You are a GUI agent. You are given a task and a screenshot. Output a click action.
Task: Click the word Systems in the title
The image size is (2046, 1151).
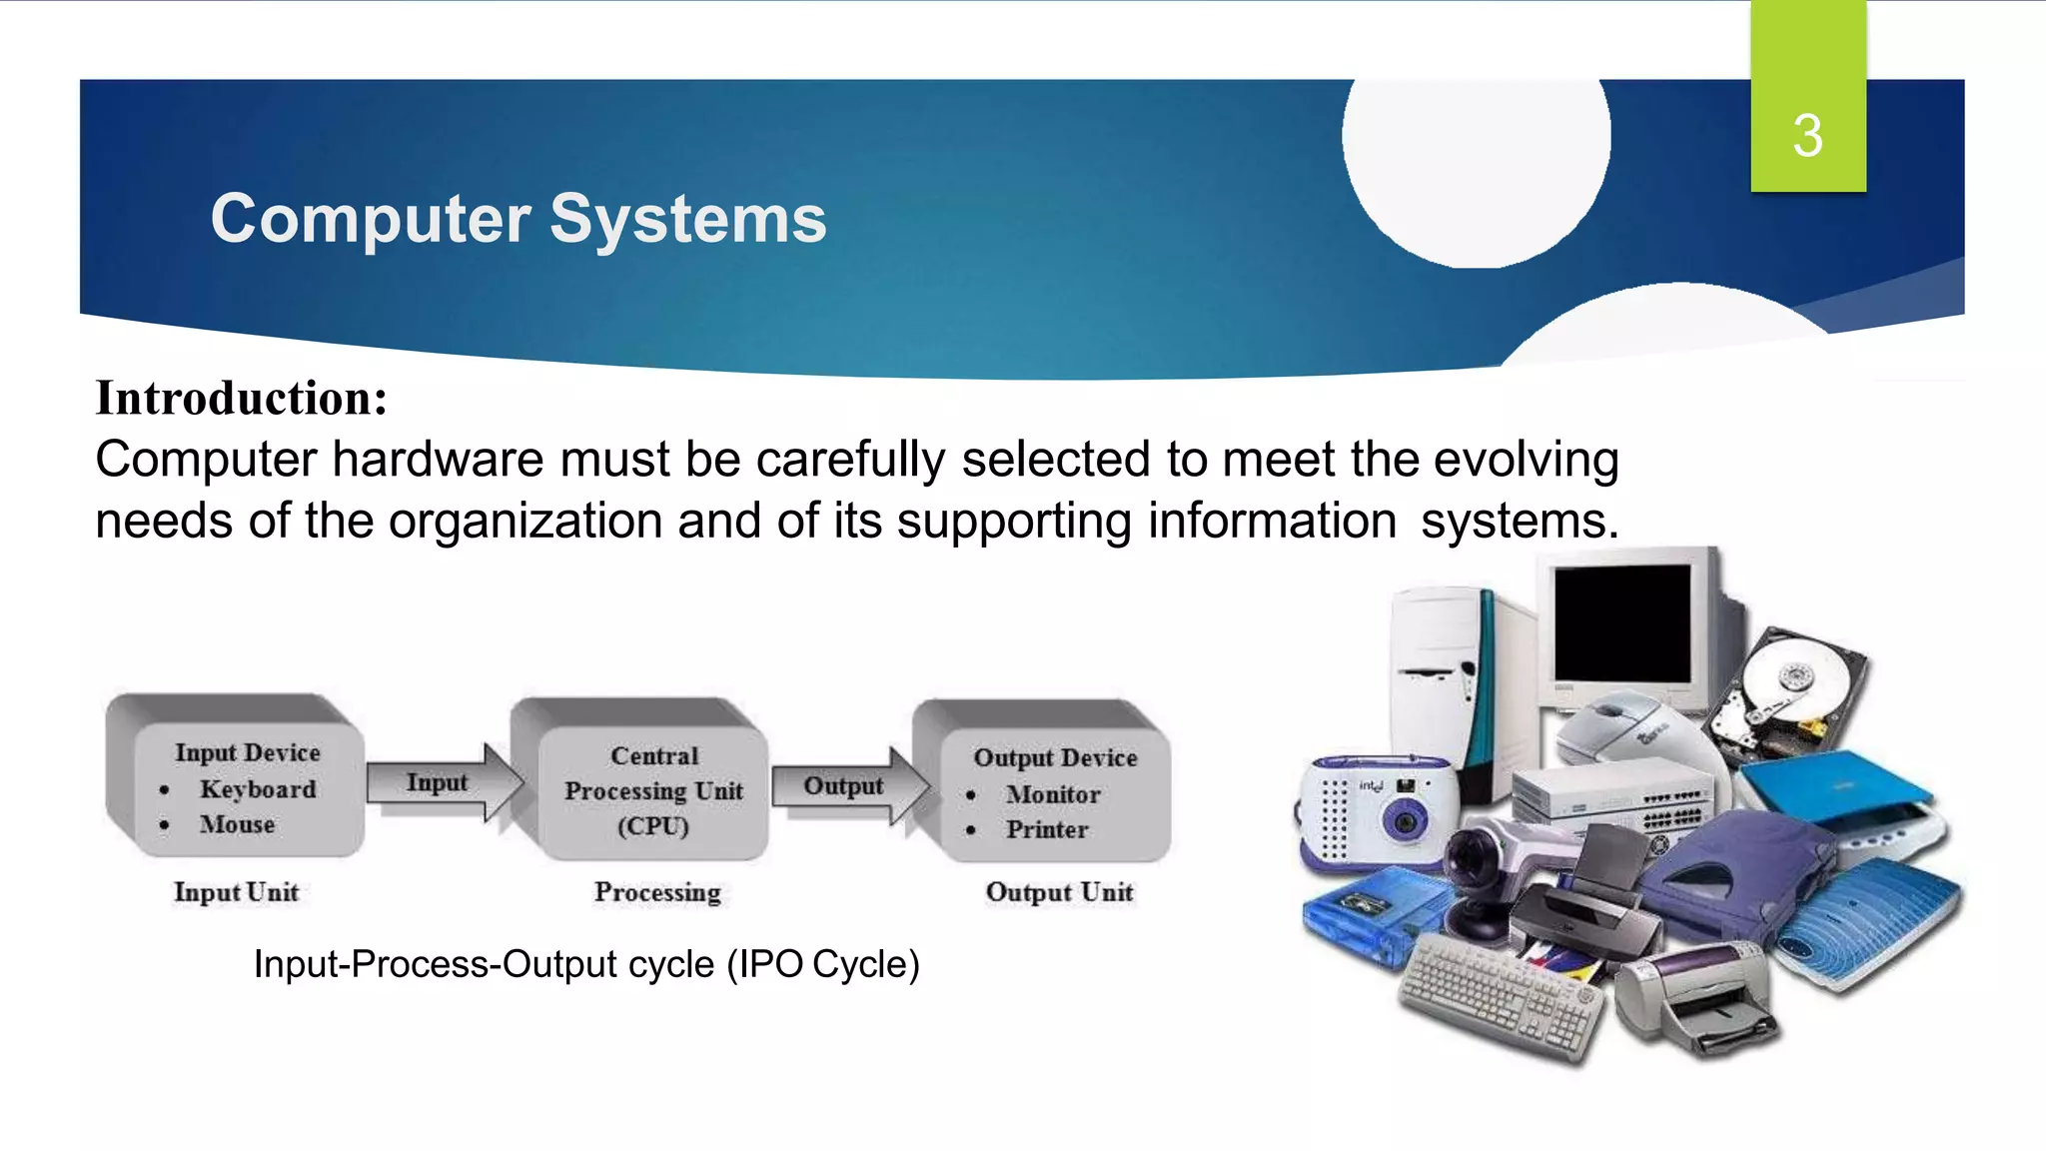click(688, 219)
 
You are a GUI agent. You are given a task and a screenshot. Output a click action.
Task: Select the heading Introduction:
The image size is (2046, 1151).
click(241, 398)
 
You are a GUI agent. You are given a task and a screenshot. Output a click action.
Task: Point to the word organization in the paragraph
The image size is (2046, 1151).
click(525, 522)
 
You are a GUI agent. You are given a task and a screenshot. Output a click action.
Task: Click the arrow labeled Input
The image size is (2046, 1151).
click(441, 783)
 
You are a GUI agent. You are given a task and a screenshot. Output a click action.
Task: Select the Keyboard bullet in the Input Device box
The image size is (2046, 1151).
click(258, 789)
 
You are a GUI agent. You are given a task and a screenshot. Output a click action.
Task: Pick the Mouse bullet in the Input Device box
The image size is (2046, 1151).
click(237, 824)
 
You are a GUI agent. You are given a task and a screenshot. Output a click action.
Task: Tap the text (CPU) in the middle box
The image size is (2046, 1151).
click(653, 826)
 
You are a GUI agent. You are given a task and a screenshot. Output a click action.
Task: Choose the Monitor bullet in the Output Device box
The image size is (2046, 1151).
click(1053, 794)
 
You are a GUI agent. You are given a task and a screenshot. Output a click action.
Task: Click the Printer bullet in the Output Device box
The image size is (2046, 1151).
click(1047, 829)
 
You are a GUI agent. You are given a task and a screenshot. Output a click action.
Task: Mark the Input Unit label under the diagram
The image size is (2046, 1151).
click(236, 891)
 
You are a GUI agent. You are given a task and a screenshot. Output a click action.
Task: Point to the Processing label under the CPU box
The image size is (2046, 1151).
click(657, 891)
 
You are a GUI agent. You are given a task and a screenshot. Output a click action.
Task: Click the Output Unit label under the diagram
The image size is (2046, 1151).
click(1059, 891)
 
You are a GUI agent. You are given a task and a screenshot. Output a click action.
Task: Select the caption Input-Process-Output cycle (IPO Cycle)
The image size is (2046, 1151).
click(586, 964)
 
